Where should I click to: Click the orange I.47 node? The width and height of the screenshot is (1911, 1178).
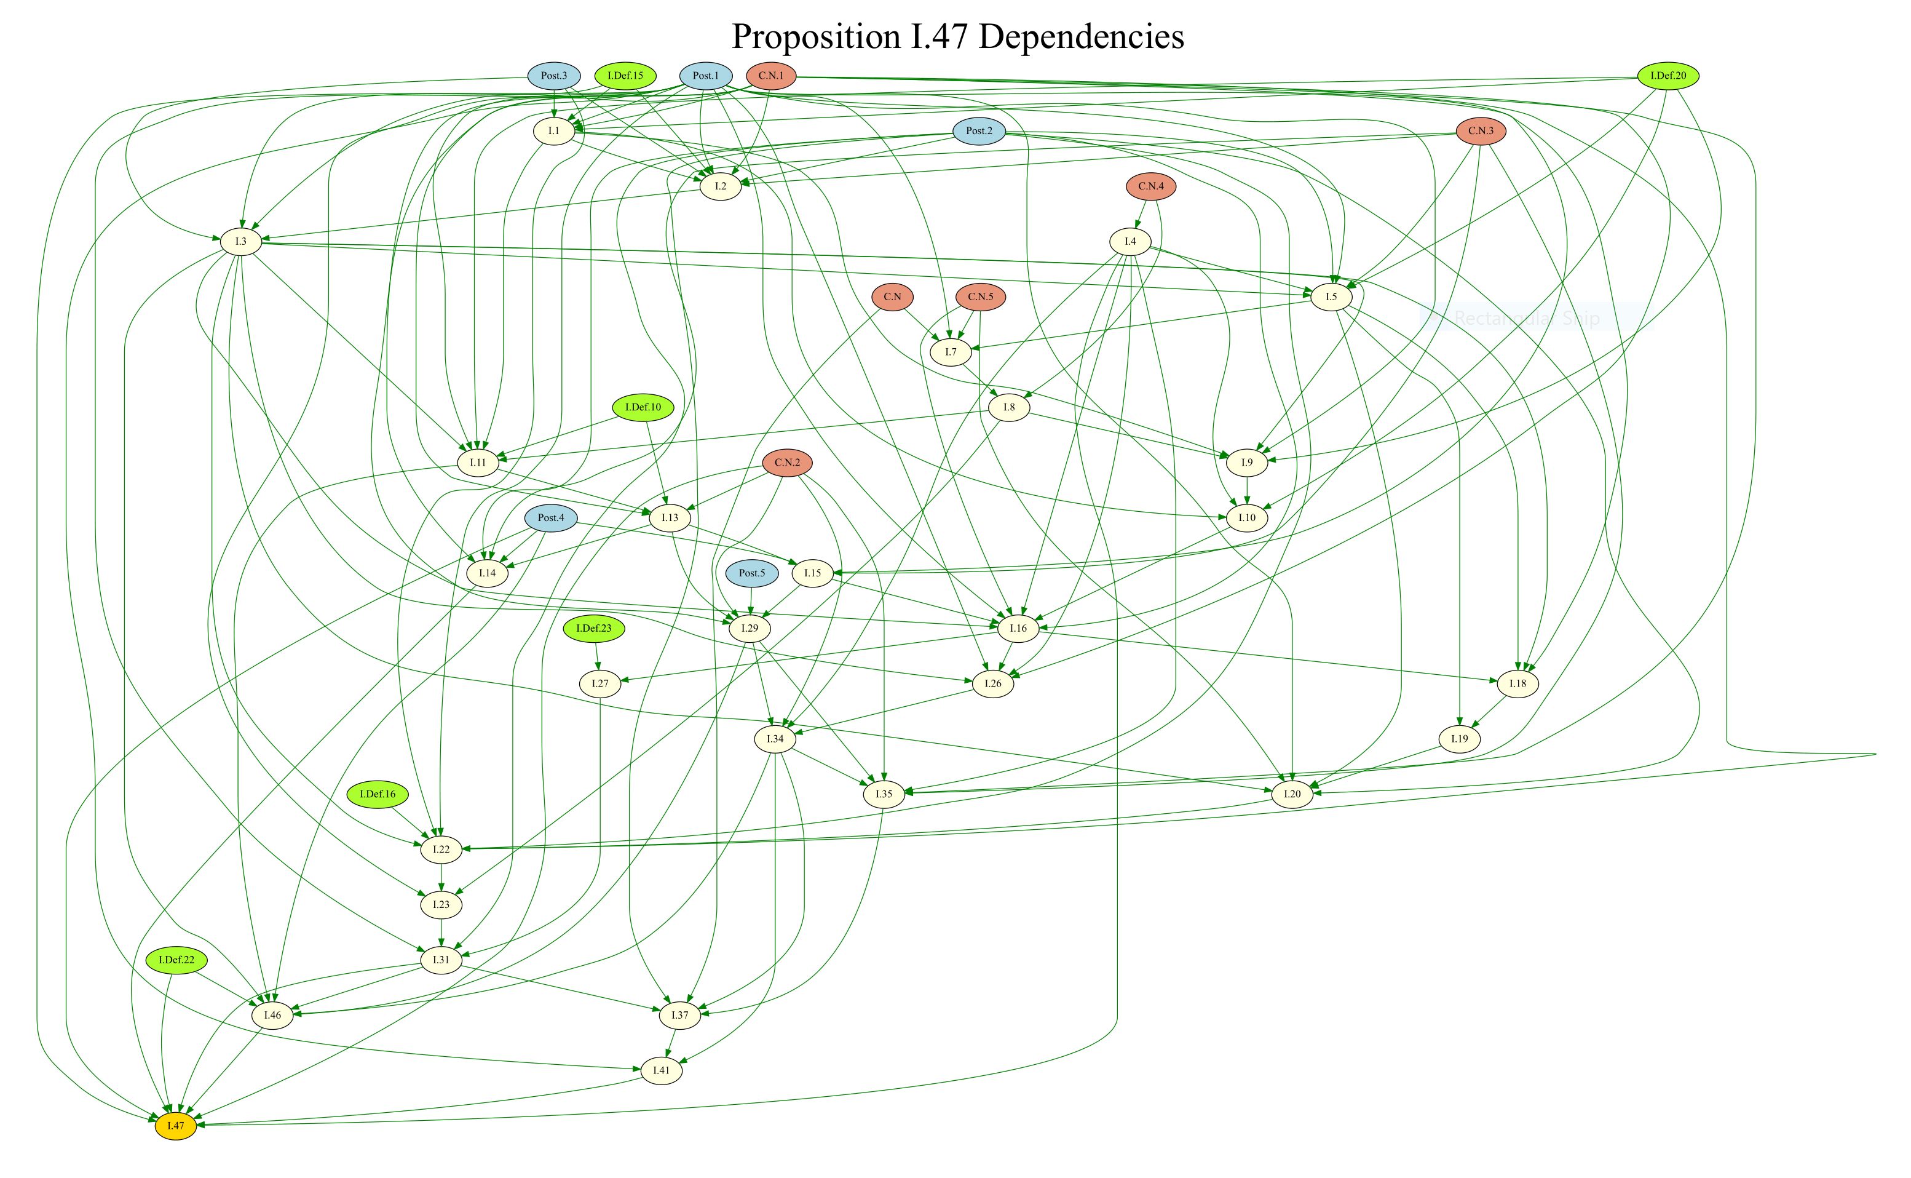(x=175, y=1126)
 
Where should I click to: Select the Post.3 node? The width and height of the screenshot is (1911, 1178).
(x=553, y=76)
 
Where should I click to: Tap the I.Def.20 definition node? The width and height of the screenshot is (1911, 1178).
(x=1668, y=76)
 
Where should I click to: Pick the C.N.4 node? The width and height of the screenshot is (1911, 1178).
(x=1150, y=187)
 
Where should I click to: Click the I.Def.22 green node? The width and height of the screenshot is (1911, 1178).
(x=176, y=960)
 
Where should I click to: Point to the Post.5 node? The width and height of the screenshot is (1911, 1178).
(x=751, y=573)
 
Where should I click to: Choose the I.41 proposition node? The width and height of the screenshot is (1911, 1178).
(x=661, y=1070)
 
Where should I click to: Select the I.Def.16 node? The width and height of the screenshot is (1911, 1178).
(x=377, y=795)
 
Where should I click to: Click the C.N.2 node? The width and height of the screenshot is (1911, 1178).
(x=787, y=463)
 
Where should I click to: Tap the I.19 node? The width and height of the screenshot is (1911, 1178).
(x=1458, y=739)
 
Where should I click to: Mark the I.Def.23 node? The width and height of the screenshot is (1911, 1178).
(x=593, y=629)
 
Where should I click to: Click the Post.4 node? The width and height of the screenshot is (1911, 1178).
(x=550, y=518)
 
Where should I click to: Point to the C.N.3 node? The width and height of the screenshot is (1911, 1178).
(x=1481, y=132)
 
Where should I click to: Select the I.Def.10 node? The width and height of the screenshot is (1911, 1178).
(x=643, y=407)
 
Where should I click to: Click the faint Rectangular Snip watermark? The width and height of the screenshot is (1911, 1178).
(x=1526, y=318)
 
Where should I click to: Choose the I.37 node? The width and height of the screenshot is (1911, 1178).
(x=680, y=1015)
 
